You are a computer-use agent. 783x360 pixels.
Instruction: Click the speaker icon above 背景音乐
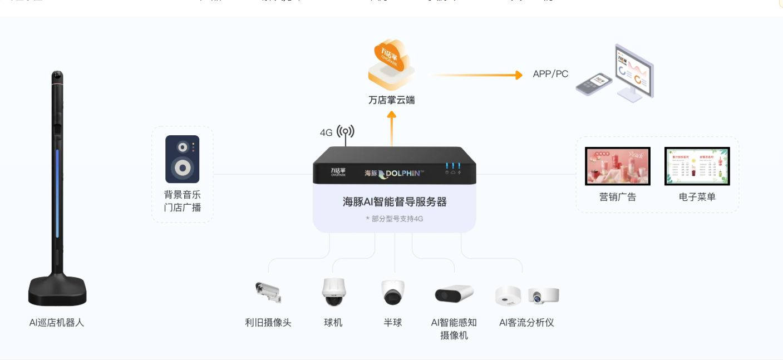tap(182, 159)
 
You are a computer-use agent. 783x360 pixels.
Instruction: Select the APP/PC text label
tap(550, 74)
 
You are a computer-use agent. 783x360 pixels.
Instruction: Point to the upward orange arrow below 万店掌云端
tap(391, 128)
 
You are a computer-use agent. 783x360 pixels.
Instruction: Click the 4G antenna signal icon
tap(345, 132)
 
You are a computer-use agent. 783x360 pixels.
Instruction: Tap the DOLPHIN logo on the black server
tap(400, 174)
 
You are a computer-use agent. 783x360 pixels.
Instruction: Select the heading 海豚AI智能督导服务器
tap(395, 202)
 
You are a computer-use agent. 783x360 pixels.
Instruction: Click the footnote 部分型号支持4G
tap(395, 219)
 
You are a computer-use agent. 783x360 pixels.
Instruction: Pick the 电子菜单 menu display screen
tap(697, 166)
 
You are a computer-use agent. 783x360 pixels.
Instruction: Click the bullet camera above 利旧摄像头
tap(268, 291)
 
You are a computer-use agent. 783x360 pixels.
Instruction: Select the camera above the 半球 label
tap(393, 292)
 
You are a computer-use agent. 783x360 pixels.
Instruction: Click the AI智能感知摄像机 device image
tap(454, 293)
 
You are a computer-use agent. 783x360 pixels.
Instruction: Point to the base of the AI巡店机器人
tap(57, 290)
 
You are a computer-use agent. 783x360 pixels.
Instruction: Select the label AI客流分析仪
tap(526, 323)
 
